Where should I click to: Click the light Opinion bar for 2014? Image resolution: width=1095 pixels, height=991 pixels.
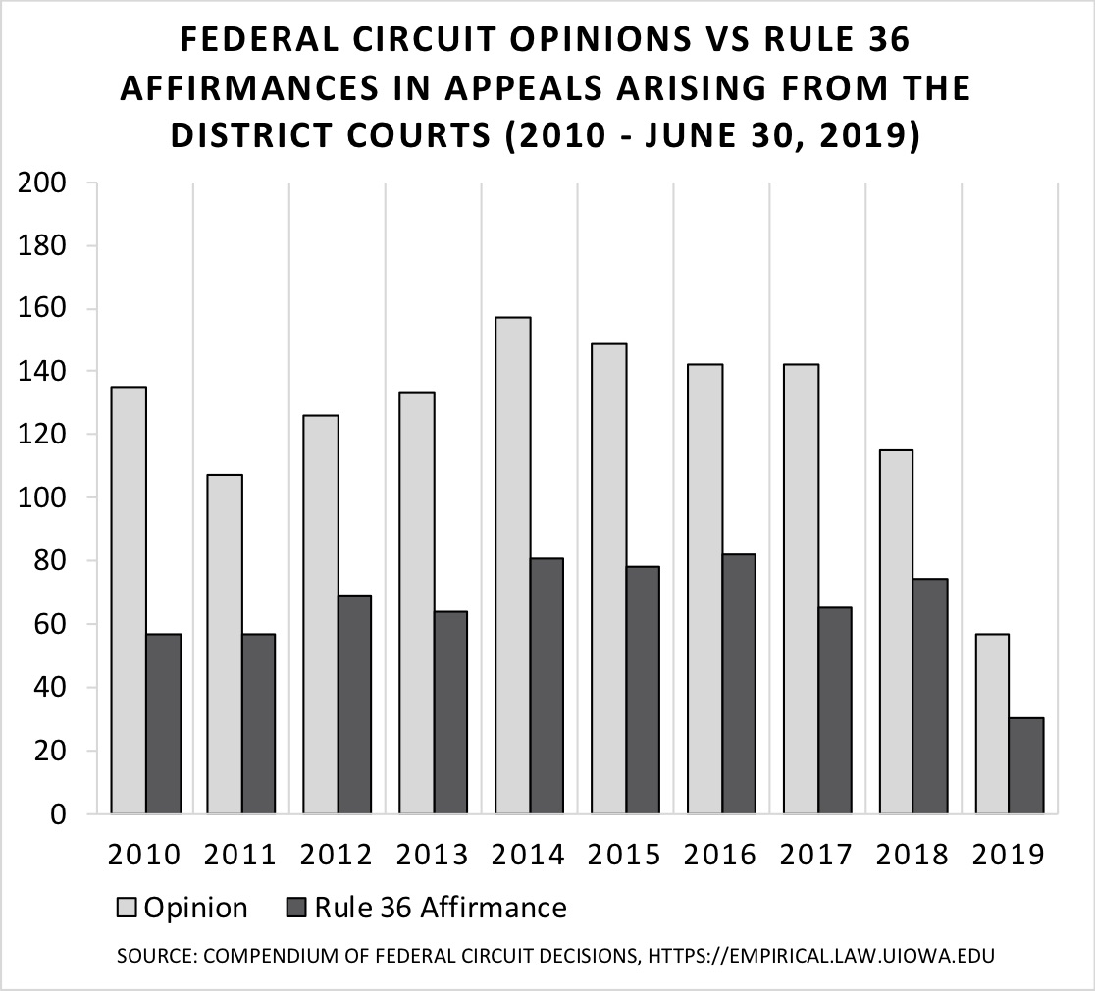tap(513, 565)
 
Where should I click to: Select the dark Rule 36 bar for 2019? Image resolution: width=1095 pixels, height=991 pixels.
tap(1026, 765)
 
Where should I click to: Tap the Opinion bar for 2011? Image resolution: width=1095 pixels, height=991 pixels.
tap(225, 644)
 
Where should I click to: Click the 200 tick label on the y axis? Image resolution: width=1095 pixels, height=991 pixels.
tap(43, 183)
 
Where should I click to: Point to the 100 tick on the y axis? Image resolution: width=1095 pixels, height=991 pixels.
tap(43, 498)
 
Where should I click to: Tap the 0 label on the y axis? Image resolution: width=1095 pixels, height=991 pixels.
tap(58, 814)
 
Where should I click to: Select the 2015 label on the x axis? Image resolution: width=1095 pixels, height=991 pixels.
tap(625, 855)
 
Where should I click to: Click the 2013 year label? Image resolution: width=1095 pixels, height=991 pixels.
tap(433, 855)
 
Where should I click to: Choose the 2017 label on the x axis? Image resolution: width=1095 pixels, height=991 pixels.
tap(817, 855)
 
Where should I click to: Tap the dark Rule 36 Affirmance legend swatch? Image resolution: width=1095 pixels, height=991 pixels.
tap(299, 908)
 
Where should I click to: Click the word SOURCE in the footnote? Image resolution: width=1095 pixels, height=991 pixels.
tap(150, 954)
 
